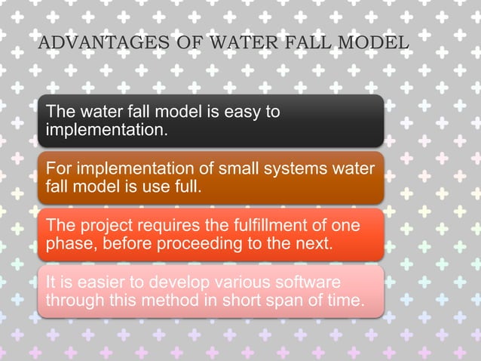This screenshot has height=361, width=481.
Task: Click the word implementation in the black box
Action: pos(104,131)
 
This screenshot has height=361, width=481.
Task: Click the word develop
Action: pos(172,283)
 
